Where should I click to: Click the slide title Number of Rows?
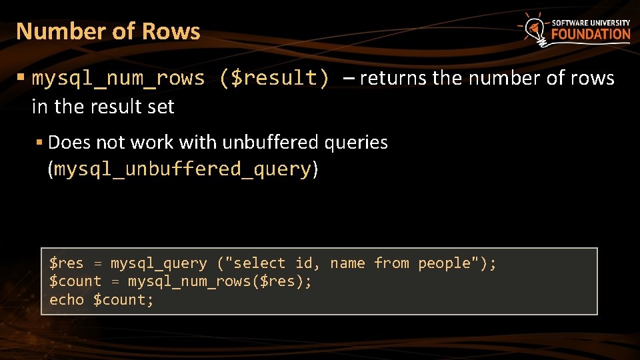(108, 31)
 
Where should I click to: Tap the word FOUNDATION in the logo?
(591, 35)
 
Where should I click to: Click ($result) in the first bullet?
(273, 79)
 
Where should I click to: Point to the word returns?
(394, 79)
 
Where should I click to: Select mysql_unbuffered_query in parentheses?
(183, 169)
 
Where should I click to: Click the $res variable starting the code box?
(67, 263)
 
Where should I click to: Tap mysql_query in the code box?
(159, 263)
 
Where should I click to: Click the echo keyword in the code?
(67, 300)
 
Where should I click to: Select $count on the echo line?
(123, 300)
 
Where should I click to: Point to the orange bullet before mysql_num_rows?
(21, 79)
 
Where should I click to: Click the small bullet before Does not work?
(39, 143)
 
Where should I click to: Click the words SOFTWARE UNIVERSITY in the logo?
(591, 22)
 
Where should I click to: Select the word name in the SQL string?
(347, 263)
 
